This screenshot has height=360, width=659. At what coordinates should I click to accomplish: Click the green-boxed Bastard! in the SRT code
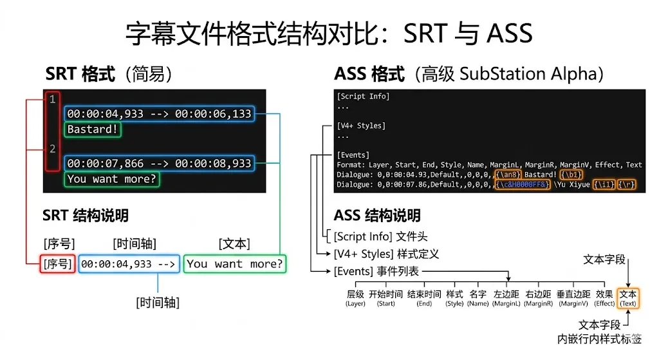coord(93,129)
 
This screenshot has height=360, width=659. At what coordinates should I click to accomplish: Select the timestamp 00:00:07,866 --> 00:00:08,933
coord(159,164)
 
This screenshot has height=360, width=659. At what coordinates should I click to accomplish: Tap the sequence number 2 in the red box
coord(53,149)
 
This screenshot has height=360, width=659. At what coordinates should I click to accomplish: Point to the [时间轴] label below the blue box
coord(158,302)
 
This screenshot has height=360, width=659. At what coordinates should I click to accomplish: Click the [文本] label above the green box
coord(234,244)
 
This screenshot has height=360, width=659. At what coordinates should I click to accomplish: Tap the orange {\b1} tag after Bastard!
coord(571,175)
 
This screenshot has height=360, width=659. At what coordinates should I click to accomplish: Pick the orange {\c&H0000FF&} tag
coord(523,184)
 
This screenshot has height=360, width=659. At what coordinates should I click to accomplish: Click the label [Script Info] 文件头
coord(380,236)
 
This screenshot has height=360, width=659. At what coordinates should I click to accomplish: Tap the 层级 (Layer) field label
coord(355,298)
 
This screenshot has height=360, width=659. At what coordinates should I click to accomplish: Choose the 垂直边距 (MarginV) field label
coord(572,298)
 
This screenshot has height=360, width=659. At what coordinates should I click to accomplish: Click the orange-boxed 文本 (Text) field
coord(628,298)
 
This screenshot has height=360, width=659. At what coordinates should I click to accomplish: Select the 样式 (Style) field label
coord(454,298)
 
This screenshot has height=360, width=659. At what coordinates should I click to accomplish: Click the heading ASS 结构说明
coord(377,215)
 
